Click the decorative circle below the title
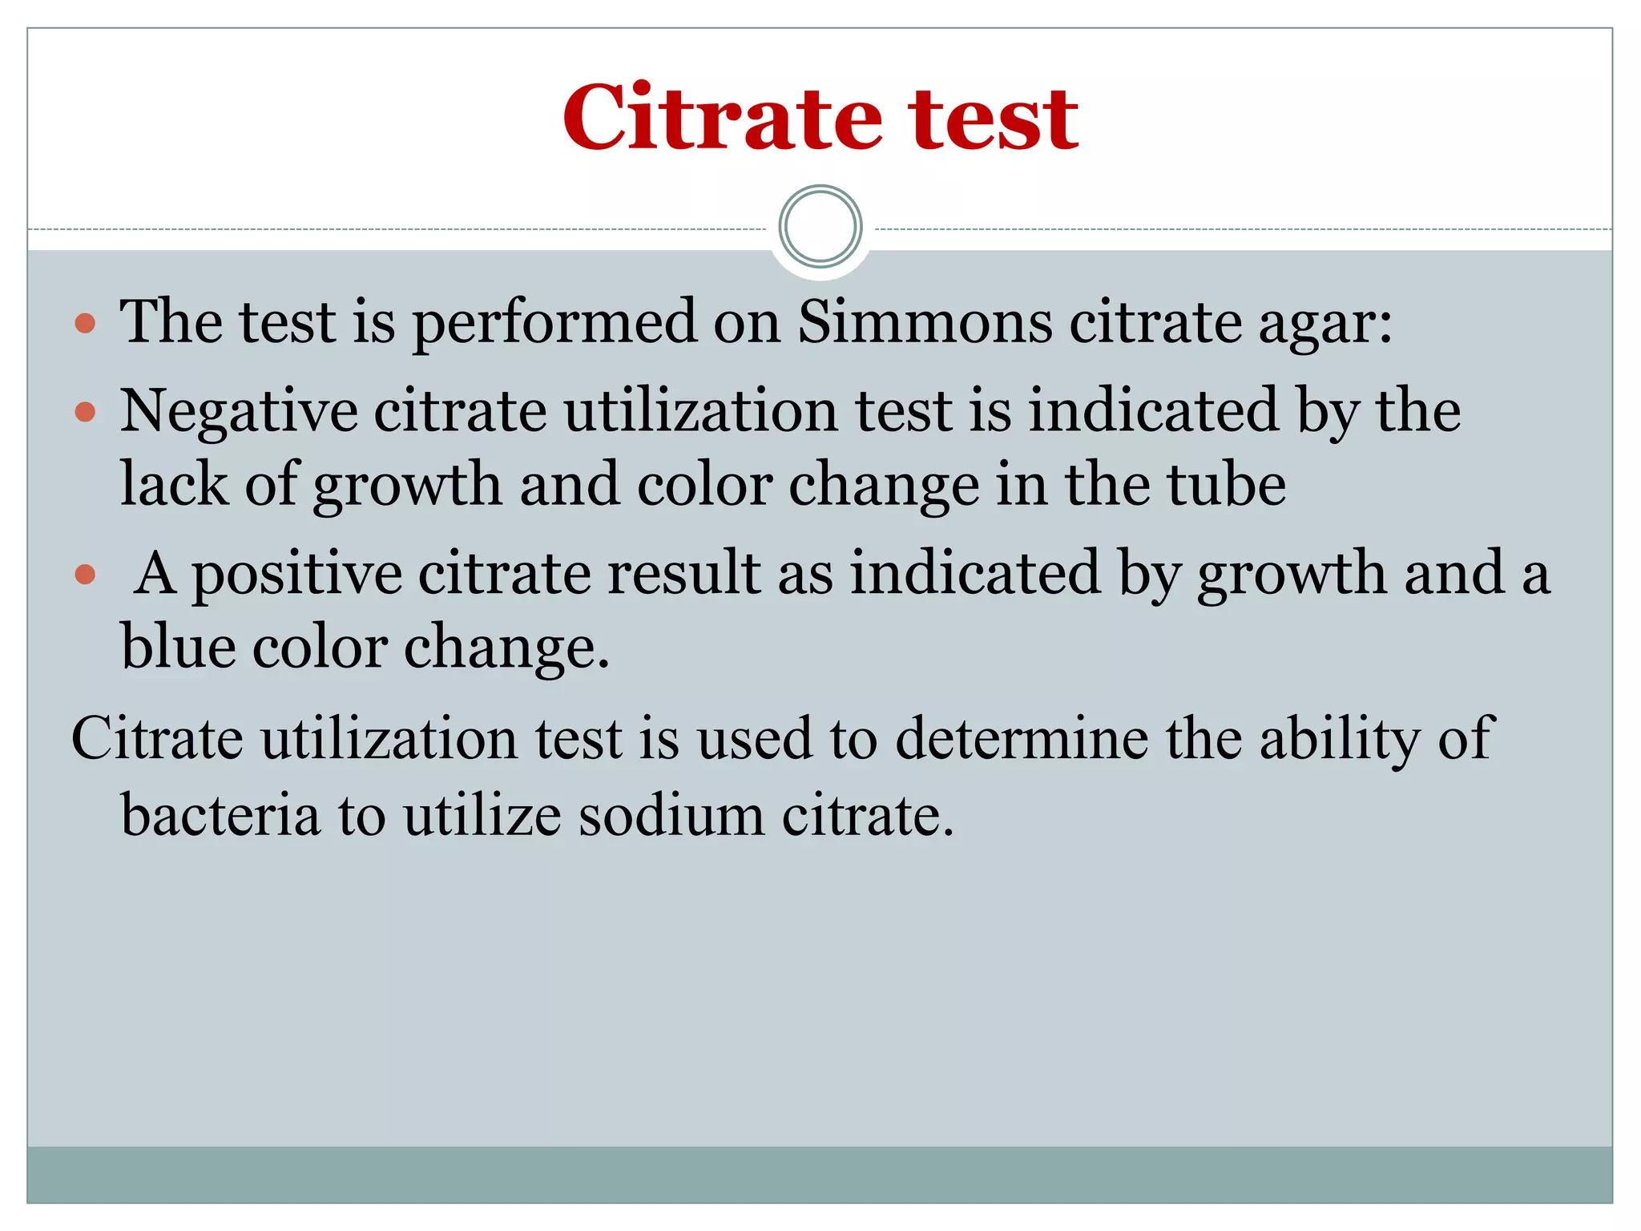[x=820, y=227]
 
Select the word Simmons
[x=925, y=322]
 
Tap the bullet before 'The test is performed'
[x=85, y=324]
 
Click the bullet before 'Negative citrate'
[x=85, y=413]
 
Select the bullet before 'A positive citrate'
[x=85, y=575]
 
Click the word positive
[x=296, y=575]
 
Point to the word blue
[x=177, y=648]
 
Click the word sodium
[x=671, y=816]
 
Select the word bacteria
[x=220, y=816]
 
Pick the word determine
[x=1022, y=738]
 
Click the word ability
[x=1339, y=738]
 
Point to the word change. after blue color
[x=506, y=648]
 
